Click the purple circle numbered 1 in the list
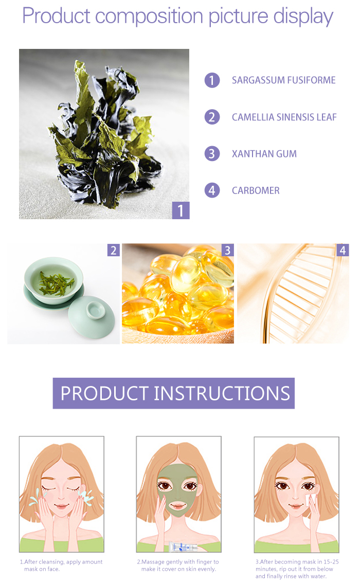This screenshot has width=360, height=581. pyautogui.click(x=212, y=80)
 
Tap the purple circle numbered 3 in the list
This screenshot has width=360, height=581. pyautogui.click(x=212, y=154)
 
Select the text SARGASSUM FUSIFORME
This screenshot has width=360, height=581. pyautogui.click(x=283, y=80)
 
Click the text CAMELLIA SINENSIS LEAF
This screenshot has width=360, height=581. pyautogui.click(x=284, y=117)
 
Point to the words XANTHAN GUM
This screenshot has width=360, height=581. pyautogui.click(x=264, y=154)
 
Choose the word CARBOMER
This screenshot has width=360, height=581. pyautogui.click(x=256, y=190)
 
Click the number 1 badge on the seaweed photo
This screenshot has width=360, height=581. pyautogui.click(x=181, y=210)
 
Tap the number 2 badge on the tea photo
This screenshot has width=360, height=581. pyautogui.click(x=113, y=250)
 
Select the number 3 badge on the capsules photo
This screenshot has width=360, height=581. pyautogui.click(x=227, y=250)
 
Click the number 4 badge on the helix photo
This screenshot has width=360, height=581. pyautogui.click(x=343, y=250)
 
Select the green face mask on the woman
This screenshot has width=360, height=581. pyautogui.click(x=177, y=489)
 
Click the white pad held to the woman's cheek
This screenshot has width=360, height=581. pyautogui.click(x=310, y=499)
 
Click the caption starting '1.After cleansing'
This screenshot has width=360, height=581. pyautogui.click(x=61, y=565)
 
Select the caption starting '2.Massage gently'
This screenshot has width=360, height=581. pyautogui.click(x=178, y=565)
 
